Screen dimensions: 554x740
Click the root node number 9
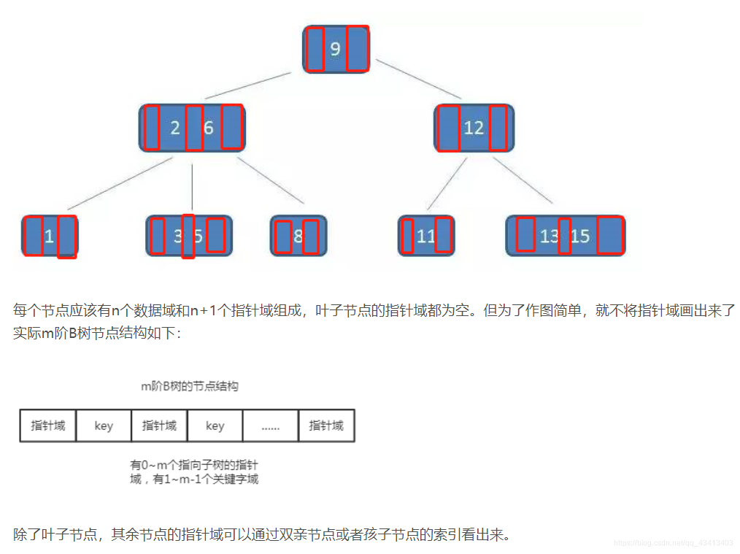tap(335, 50)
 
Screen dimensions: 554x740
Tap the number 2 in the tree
tap(175, 128)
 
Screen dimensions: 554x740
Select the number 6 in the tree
tap(209, 128)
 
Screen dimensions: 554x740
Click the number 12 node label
tap(474, 128)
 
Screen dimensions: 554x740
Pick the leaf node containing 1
tap(49, 236)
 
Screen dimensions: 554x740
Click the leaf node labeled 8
tap(298, 236)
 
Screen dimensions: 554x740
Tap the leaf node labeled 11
tap(425, 236)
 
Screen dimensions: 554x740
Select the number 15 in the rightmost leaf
tap(580, 236)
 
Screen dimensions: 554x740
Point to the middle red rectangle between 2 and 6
tap(193, 128)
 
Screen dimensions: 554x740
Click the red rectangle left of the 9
tap(315, 49)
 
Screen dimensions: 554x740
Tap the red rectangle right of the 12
tap(498, 128)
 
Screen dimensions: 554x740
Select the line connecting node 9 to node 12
tap(418, 78)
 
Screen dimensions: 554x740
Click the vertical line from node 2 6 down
tap(192, 188)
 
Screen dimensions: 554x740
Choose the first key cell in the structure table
tap(104, 426)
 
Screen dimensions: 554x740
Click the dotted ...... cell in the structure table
tap(270, 426)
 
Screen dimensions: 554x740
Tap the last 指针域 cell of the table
tap(326, 426)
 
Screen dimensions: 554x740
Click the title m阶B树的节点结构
tap(189, 387)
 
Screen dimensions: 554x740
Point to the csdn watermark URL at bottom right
tap(673, 543)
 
